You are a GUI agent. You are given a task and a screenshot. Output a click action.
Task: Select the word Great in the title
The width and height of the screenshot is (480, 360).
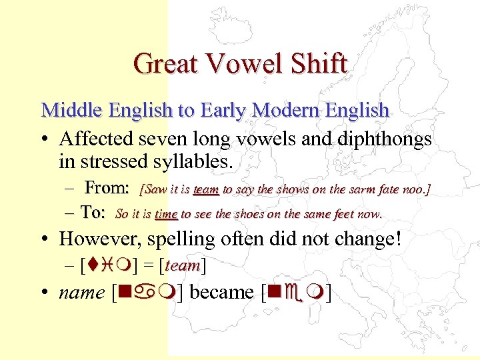click(167, 64)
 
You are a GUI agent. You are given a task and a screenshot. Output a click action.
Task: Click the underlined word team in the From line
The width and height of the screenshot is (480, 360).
click(206, 190)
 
